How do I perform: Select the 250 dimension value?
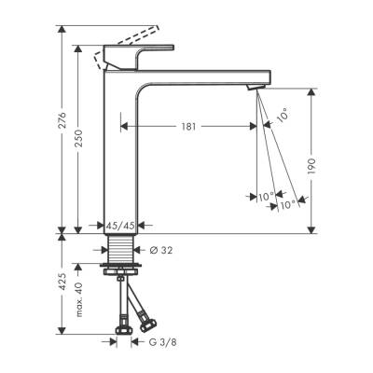[x=80, y=139]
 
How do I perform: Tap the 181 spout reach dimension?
[x=189, y=127]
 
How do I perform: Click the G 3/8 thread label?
[x=165, y=341]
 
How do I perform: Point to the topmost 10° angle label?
[x=282, y=116]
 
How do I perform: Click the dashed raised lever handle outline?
[x=121, y=45]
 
